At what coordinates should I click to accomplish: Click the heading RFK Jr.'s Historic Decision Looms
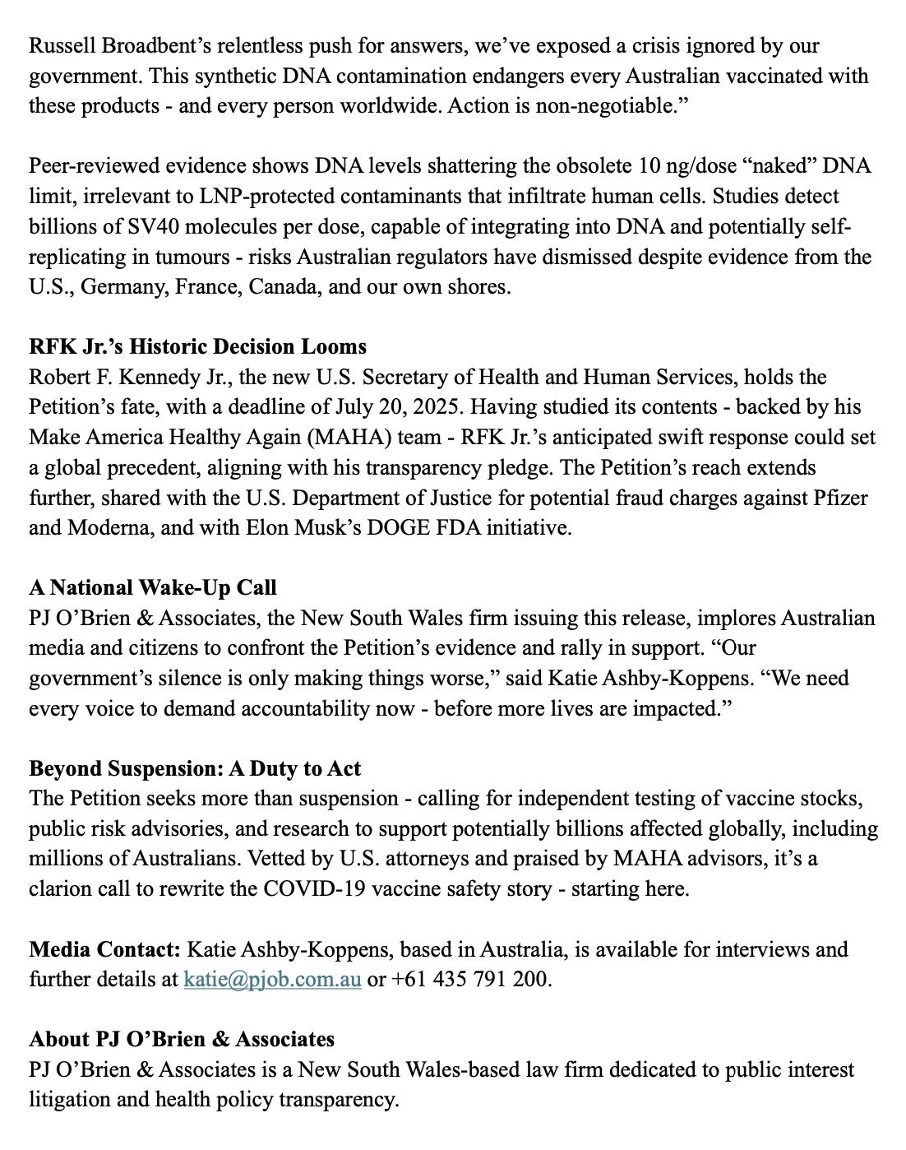197,346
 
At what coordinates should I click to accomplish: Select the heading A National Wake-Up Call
152,587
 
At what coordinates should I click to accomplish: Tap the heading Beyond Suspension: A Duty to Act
195,768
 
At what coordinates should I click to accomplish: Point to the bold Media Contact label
104,949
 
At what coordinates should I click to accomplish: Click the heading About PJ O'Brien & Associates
181,1040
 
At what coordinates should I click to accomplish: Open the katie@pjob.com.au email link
272,980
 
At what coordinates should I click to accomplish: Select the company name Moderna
112,528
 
